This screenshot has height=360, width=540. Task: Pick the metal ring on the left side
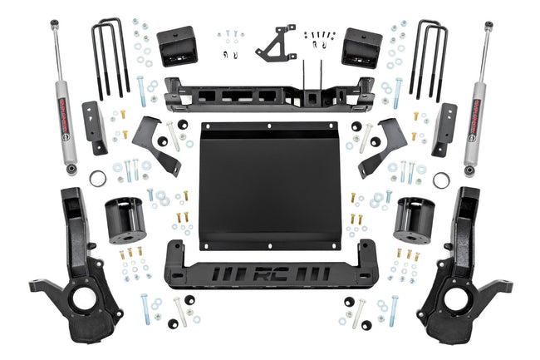click(98, 178)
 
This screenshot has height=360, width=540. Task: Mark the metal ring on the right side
click(441, 178)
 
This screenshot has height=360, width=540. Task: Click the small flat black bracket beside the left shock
click(96, 129)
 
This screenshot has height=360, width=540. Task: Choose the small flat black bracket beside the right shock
click(444, 129)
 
